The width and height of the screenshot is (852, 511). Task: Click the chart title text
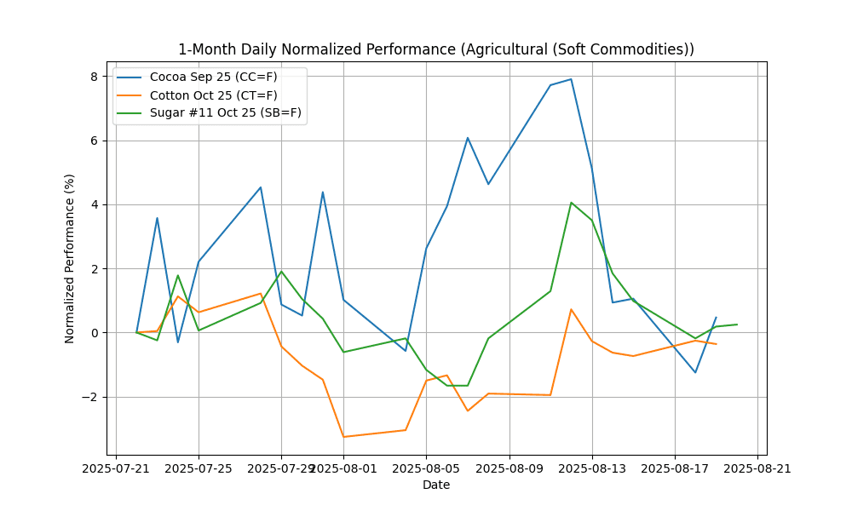point(435,49)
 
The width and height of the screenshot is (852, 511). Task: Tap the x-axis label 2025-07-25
point(199,468)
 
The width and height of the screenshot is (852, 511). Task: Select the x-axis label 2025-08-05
point(426,468)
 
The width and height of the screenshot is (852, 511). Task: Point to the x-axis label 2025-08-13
point(592,468)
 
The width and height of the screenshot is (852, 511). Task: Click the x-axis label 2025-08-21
point(757,468)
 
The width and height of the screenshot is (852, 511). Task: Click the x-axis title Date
point(435,485)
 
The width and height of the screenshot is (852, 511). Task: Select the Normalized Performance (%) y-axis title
point(70,258)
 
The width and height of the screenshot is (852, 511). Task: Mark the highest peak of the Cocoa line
point(571,79)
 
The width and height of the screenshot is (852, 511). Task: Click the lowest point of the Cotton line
point(343,437)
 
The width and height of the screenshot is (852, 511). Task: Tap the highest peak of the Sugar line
point(571,203)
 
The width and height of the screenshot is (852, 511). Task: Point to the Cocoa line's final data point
point(716,318)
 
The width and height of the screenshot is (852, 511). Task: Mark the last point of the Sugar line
point(737,324)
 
